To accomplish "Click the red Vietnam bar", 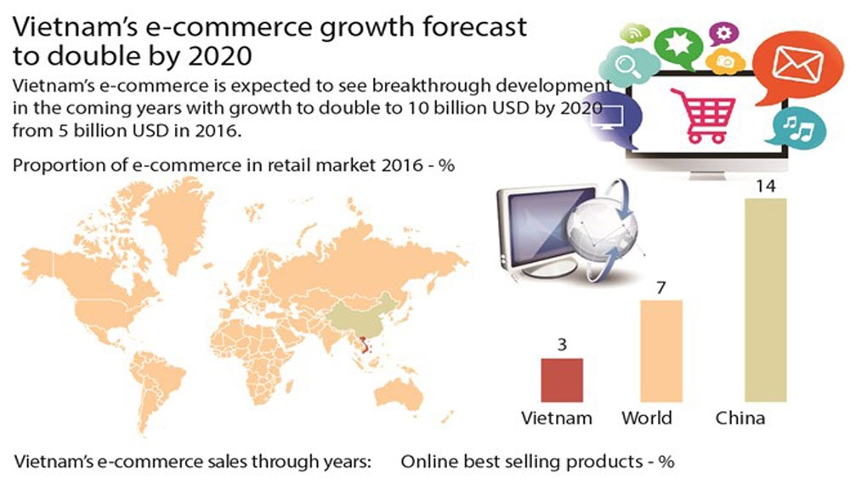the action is coord(562,379).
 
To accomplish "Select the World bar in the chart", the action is coord(661,351).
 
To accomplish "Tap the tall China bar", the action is coord(766,300).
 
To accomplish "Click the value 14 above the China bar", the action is coord(766,186).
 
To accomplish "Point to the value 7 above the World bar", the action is coord(660,288).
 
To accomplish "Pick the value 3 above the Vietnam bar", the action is coord(562,345).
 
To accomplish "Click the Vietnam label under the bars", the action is coord(557,419).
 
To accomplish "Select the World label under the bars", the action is coord(647,419).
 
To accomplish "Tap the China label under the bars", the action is coord(740,419).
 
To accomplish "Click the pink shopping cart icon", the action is coord(704,115).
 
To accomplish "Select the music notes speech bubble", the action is coord(798,129).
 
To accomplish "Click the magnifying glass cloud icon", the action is coord(627,66).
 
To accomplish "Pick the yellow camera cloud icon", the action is coord(725,60).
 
